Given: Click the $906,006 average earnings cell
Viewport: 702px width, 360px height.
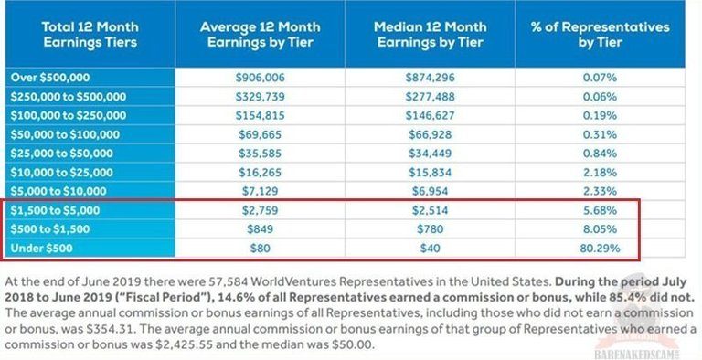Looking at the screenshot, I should point(261,78).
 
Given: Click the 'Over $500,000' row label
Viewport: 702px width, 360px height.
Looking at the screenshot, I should point(48,78).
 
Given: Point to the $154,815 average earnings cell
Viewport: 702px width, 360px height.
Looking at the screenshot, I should point(261,115).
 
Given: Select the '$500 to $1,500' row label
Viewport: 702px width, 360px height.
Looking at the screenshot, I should point(52,227).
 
